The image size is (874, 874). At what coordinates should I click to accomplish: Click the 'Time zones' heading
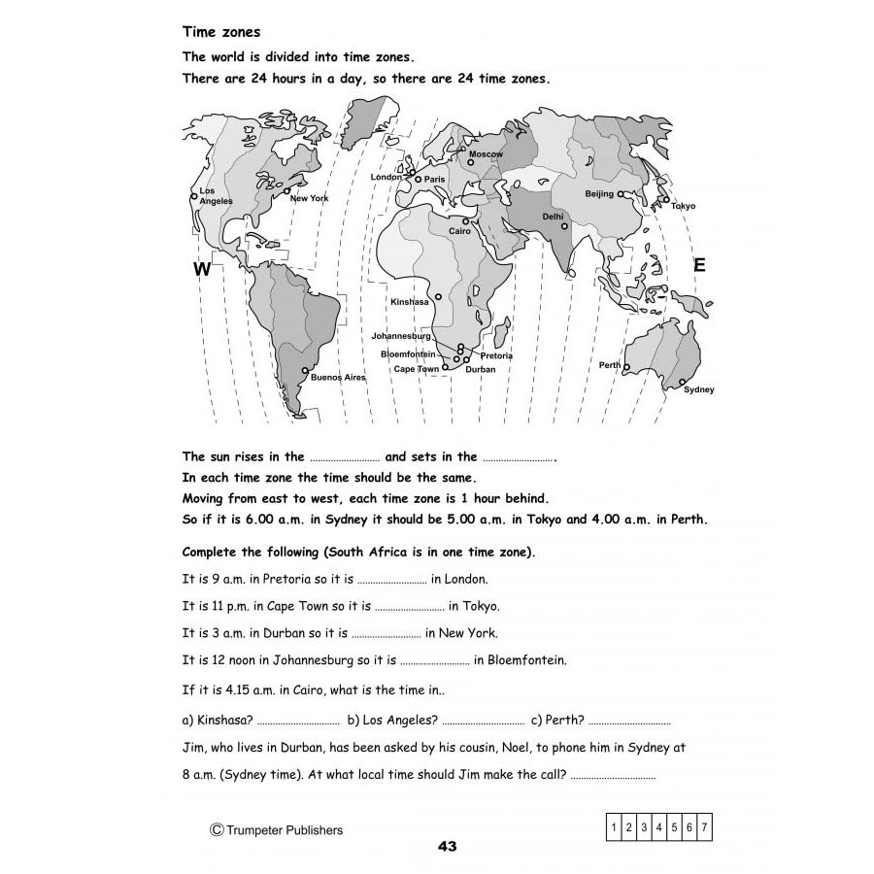pyautogui.click(x=221, y=32)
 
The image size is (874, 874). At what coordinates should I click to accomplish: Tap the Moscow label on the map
pyautogui.click(x=486, y=154)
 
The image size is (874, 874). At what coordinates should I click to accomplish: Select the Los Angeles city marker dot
pyautogui.click(x=194, y=196)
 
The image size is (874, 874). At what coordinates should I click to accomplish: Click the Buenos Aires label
pyautogui.click(x=338, y=377)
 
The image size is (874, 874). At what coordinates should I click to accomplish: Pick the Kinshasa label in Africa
pyautogui.click(x=409, y=302)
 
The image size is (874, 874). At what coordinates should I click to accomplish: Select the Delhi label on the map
pyautogui.click(x=553, y=217)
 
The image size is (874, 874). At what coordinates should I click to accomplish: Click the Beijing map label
pyautogui.click(x=599, y=194)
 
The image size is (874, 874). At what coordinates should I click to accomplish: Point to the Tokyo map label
pyautogui.click(x=684, y=206)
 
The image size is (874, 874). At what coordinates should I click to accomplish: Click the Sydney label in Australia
pyautogui.click(x=698, y=389)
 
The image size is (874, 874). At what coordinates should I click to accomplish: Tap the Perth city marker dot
pyautogui.click(x=627, y=366)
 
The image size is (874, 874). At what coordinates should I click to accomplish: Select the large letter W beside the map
pyautogui.click(x=202, y=270)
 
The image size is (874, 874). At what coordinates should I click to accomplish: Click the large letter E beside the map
pyautogui.click(x=699, y=265)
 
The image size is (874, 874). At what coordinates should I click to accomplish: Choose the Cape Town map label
pyautogui.click(x=416, y=369)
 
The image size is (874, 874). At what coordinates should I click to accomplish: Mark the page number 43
pyautogui.click(x=447, y=846)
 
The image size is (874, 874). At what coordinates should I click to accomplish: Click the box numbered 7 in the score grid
pyautogui.click(x=704, y=827)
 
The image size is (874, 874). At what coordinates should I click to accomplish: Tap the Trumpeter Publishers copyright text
pyautogui.click(x=276, y=829)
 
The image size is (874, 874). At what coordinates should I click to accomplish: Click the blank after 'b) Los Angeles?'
pyautogui.click(x=483, y=722)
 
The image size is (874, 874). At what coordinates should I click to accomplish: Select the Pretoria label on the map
pyautogui.click(x=495, y=355)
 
